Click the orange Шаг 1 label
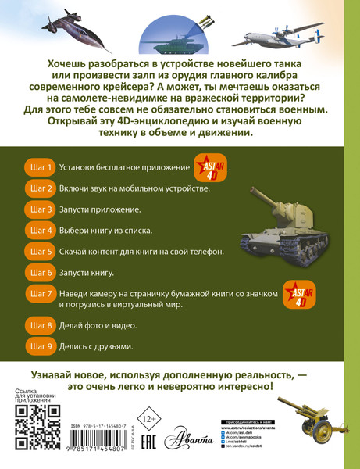tap(39, 167)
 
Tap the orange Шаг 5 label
tap(39, 252)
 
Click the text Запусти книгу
tap(88, 273)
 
